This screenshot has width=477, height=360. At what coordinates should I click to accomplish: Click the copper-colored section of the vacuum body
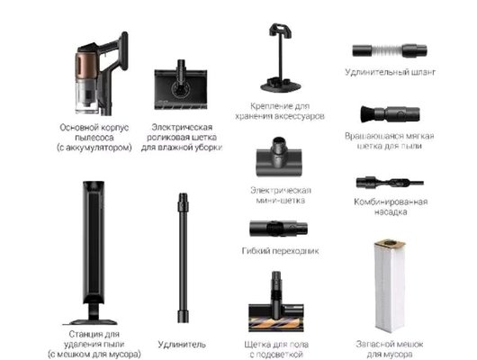tap(86, 65)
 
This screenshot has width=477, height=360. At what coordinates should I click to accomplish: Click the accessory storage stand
tap(281, 58)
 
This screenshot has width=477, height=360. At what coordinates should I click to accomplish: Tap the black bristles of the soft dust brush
tap(367, 113)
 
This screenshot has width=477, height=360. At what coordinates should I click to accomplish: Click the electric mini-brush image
tap(279, 157)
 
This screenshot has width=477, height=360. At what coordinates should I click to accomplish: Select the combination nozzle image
tap(390, 183)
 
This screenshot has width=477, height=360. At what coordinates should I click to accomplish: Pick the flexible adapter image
tap(278, 229)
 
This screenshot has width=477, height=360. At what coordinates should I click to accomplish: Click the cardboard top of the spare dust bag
tap(390, 245)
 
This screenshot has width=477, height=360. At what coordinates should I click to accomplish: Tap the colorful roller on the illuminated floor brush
tap(276, 323)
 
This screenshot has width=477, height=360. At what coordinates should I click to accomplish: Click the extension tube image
tap(183, 257)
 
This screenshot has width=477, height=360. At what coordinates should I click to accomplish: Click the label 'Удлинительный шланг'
tap(391, 72)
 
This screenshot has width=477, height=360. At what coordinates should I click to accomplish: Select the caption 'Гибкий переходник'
tap(280, 251)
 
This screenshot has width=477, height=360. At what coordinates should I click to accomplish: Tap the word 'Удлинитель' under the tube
tap(182, 344)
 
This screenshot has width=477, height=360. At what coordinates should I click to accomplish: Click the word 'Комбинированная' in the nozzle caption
tap(391, 202)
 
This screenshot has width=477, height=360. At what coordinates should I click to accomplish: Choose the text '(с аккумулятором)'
tap(94, 148)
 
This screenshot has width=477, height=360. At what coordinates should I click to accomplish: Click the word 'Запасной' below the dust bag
tap(374, 344)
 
